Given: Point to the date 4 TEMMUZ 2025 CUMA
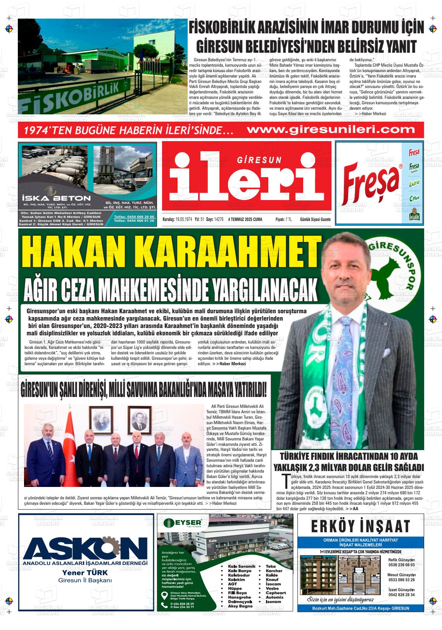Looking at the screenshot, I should coord(245,219).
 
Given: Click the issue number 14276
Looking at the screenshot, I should coord(219,219).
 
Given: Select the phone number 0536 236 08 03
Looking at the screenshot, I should coord(401,565).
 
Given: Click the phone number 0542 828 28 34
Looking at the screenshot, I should coord(401,595).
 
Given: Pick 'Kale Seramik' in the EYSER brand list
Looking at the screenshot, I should coord(242,566).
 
